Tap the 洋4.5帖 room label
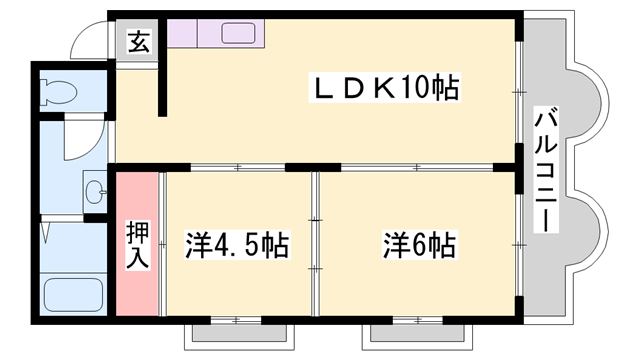[x=238, y=245]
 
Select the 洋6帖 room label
[x=418, y=245]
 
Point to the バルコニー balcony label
[x=546, y=170]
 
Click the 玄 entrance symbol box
[x=138, y=43]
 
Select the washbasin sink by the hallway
[x=96, y=190]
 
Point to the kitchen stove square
[x=183, y=34]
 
